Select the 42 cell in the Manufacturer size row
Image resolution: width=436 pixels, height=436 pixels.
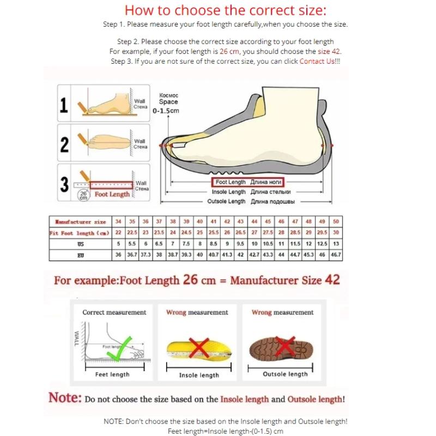(x=227, y=222)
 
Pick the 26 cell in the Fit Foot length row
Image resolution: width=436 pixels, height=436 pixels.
(x=227, y=233)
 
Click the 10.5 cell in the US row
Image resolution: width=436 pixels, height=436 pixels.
(x=268, y=244)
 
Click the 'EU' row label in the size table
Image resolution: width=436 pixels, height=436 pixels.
(x=81, y=255)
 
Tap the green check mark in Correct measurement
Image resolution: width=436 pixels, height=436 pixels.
(x=119, y=347)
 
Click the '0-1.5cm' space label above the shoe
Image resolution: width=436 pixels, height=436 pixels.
(x=166, y=111)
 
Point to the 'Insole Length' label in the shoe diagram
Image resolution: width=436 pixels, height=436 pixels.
(x=229, y=192)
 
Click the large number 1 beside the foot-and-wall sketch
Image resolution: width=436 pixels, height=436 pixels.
(x=64, y=106)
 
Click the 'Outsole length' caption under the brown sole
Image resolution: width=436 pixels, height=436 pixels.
(x=285, y=374)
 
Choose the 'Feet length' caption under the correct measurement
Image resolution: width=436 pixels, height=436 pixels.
(x=112, y=374)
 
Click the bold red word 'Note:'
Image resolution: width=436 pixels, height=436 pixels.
(x=65, y=397)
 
